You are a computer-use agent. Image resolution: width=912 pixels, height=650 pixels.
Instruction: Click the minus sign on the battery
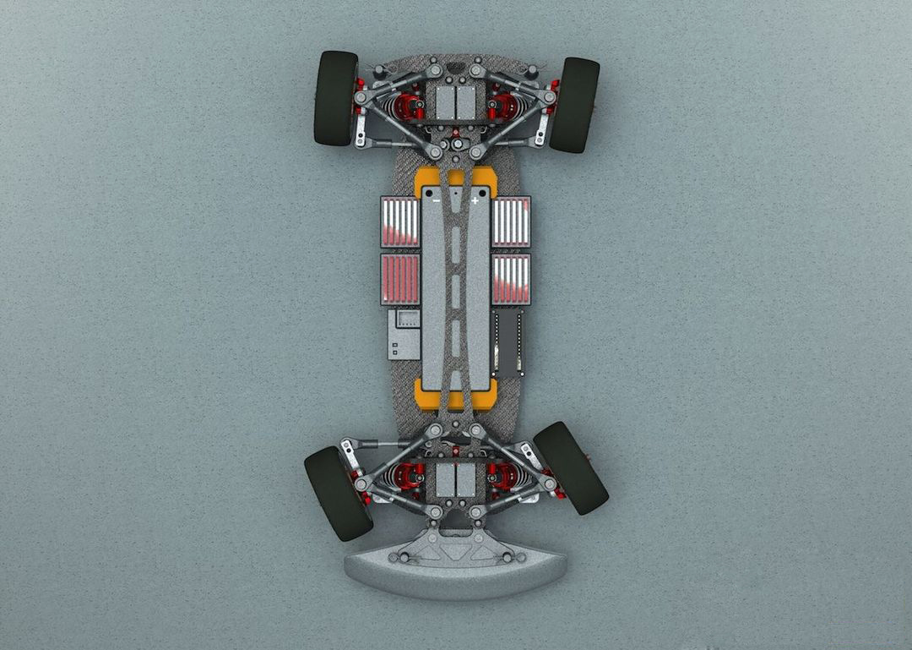[x=436, y=201]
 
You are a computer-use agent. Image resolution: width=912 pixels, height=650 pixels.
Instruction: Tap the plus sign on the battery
[x=475, y=201]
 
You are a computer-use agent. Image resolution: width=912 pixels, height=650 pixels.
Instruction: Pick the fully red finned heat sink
[x=400, y=278]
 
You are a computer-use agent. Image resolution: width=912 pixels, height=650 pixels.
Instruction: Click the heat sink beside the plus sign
[x=511, y=221]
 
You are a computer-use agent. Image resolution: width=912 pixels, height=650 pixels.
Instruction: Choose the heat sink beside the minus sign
[x=400, y=221]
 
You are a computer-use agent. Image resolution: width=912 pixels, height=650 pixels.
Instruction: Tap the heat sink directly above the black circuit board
[x=511, y=278]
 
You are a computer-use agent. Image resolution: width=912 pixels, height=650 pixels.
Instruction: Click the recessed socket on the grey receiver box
[x=407, y=320]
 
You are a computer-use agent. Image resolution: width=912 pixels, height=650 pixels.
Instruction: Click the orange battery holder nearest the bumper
[x=455, y=394]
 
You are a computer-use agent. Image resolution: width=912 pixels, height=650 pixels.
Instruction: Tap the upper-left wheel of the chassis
[x=335, y=97]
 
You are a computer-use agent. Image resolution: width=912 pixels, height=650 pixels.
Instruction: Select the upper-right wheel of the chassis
[x=574, y=104]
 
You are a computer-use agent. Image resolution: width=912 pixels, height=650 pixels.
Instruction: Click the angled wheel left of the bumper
[x=337, y=492]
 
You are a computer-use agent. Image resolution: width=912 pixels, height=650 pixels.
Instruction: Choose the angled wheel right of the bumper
[x=571, y=467]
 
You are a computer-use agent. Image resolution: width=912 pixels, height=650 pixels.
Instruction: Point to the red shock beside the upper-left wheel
[x=407, y=107]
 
